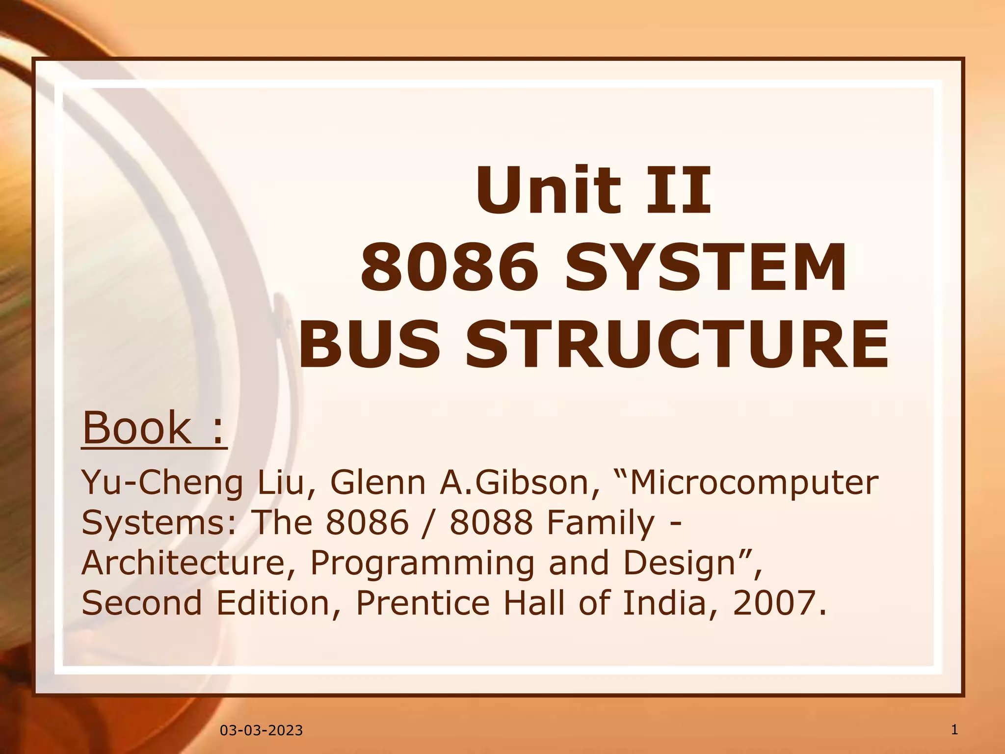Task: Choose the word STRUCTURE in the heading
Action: click(x=677, y=343)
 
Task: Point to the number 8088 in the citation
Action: click(x=491, y=522)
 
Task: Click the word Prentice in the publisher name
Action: click(x=423, y=603)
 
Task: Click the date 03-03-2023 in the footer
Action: click(x=261, y=730)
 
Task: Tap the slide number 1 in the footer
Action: click(x=954, y=729)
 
